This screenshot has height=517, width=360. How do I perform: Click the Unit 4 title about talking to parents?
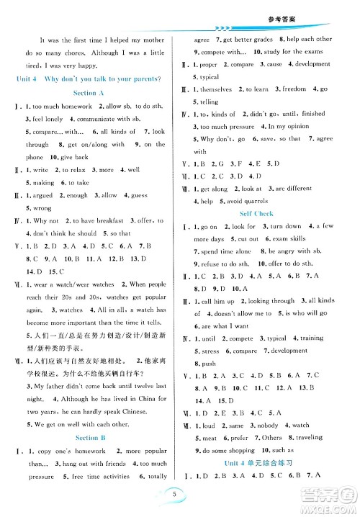tap(91, 78)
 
